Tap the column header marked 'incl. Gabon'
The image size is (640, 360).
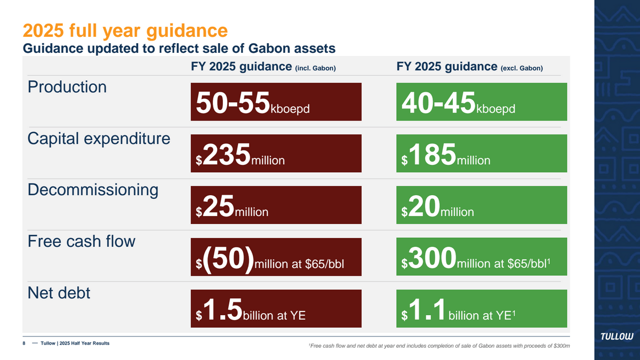263,67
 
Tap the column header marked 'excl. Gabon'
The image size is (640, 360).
470,67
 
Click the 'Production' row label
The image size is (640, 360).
67,87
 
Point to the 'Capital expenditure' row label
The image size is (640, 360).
99,139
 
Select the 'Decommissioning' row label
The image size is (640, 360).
93,190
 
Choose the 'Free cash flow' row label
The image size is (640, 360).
82,241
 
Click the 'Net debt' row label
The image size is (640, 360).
59,292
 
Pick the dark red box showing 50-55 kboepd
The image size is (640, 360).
276,101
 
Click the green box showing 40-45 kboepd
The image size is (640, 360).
482,101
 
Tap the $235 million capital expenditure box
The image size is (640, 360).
276,153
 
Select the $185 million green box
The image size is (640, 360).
482,153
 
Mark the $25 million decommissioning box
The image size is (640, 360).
276,205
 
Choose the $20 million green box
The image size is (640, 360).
482,205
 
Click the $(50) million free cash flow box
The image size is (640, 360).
276,257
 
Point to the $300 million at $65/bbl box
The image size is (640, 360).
482,257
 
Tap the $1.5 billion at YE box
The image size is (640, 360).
276,308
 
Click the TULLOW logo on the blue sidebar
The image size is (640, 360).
617,336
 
